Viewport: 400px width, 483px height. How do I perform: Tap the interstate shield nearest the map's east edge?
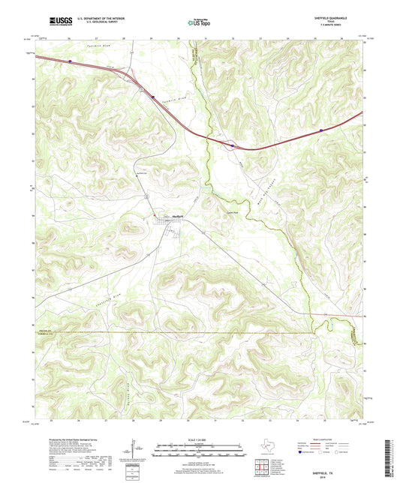pos(321,130)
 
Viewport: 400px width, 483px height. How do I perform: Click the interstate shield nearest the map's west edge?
pos(71,61)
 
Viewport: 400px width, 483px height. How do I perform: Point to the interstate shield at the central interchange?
pos(233,146)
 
